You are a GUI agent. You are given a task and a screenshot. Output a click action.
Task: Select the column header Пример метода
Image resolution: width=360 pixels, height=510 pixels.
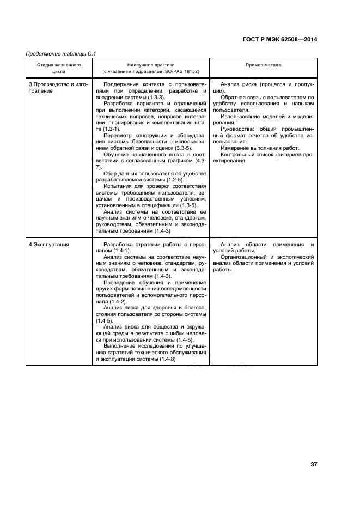(263, 65)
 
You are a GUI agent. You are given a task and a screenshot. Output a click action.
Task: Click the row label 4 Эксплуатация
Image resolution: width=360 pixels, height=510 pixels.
(49, 245)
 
